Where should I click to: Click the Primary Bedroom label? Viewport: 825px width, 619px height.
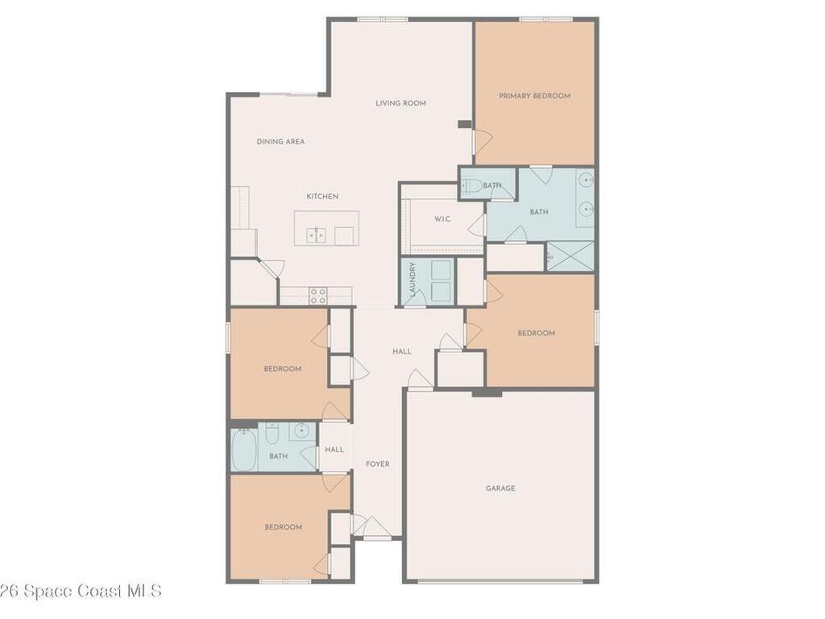tap(535, 96)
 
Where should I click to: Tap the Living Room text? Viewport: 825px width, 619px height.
tap(400, 103)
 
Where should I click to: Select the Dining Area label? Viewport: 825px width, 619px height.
tap(280, 142)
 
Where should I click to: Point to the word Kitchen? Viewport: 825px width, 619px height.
tap(322, 197)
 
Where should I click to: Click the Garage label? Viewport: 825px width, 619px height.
tap(500, 488)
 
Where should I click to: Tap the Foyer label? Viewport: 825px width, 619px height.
tap(378, 463)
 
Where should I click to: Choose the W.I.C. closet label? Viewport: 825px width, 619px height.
tap(442, 219)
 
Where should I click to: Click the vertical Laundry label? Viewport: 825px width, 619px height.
tap(413, 279)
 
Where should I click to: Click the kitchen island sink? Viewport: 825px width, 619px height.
tap(316, 235)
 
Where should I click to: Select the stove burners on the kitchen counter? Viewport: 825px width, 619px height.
tap(317, 296)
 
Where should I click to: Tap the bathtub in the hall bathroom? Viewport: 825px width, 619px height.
tap(243, 450)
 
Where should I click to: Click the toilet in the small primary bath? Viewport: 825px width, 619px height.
tap(471, 185)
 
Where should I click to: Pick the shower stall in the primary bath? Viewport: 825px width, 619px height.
tap(570, 256)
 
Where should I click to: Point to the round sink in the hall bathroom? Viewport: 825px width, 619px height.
tap(301, 430)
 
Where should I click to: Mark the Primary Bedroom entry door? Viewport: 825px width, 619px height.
tap(482, 140)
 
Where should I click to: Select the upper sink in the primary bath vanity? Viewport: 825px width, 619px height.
tap(587, 180)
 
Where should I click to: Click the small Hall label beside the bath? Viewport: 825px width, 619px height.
tap(334, 450)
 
